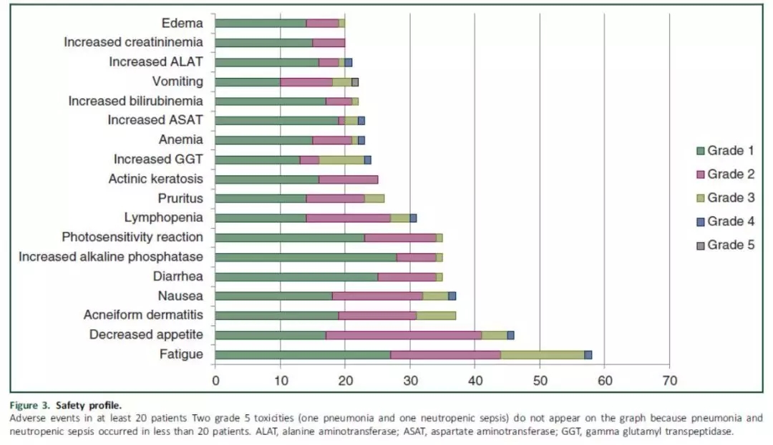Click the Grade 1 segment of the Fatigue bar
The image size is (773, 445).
pos(303,354)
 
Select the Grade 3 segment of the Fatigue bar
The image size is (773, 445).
pos(543,354)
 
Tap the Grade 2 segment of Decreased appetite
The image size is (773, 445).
pos(404,335)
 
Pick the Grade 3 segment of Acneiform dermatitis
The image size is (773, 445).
pos(436,315)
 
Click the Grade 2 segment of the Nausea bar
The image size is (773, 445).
pos(378,295)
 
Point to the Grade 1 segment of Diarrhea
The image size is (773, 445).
pos(296,276)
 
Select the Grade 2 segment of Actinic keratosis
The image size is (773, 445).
pos(348,179)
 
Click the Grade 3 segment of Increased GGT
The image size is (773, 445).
pos(341,160)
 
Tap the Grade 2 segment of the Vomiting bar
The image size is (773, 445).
pos(306,82)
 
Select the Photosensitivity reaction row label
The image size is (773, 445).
pos(132,237)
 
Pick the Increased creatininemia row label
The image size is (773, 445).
pos(133,42)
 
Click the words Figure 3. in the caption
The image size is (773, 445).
pos(31,405)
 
